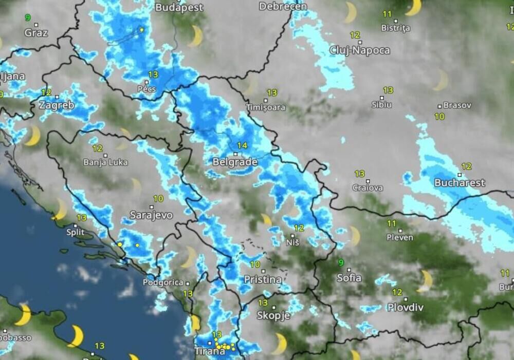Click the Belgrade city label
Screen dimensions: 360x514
234,162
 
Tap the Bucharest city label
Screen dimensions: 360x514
460,183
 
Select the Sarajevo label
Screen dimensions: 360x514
151,215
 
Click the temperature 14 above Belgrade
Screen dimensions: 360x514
242,146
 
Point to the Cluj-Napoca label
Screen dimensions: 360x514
360,50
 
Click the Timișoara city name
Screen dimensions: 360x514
265,107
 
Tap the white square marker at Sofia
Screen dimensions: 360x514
348,270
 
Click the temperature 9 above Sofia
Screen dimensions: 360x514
341,263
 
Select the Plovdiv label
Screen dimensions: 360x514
405,308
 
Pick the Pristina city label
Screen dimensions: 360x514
263,280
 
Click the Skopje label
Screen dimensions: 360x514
273,315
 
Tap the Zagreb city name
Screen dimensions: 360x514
57,105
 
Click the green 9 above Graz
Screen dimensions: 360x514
28,17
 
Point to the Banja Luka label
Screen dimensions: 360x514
105,163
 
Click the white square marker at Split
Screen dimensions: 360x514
76,225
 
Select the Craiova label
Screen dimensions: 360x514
368,188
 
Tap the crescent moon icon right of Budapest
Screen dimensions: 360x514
196,36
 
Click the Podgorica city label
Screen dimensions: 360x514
163,282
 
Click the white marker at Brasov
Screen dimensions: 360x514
439,106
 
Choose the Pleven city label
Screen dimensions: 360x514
399,237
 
